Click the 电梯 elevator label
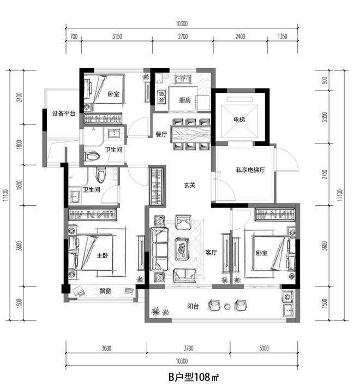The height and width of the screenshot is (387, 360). [x=239, y=120]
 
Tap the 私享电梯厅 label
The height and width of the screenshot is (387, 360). [x=250, y=170]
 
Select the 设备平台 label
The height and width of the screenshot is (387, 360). [x=63, y=114]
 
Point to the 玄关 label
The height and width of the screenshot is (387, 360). [x=190, y=185]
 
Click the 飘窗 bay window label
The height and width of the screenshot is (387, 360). [x=105, y=291]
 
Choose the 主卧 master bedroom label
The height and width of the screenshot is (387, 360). [x=103, y=255]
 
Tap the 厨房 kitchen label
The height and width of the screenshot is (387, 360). [x=185, y=100]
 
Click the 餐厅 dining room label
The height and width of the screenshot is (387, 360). [x=161, y=134]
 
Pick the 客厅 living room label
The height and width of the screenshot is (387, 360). [x=211, y=253]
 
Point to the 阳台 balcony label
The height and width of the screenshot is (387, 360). [x=193, y=306]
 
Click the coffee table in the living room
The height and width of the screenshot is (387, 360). [x=182, y=249]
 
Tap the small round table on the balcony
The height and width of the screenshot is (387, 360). [x=227, y=307]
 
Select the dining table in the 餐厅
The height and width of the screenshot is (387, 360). [x=191, y=134]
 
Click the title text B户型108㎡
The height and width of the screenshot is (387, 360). [x=194, y=377]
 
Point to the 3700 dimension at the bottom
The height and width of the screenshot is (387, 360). [x=189, y=348]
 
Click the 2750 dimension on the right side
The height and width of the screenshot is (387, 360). [x=325, y=174]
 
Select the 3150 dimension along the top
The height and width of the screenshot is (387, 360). [x=117, y=37]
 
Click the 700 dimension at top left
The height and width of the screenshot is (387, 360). [x=74, y=37]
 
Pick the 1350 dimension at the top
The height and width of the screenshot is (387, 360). [x=283, y=37]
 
